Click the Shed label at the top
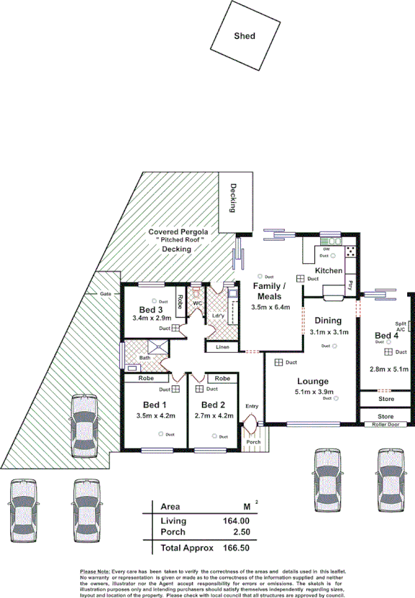245,36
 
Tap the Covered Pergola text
178,232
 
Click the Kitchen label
328,270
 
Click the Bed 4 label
386,336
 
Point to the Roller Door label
385,425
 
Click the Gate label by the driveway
106,294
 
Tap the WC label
196,303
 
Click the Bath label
145,357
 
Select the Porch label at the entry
252,442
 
